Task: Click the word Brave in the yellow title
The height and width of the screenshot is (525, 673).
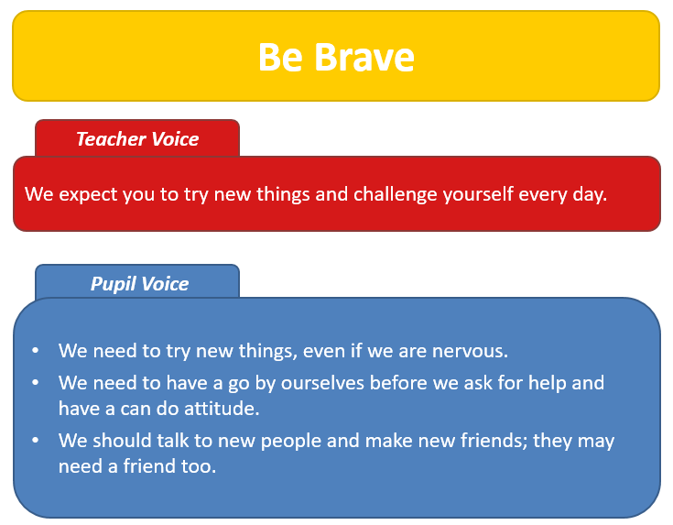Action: pos(364,57)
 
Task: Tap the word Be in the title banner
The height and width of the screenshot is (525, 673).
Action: pos(280,57)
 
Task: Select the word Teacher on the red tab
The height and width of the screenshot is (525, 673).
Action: pos(111,139)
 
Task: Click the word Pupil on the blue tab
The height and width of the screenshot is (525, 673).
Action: pos(113,284)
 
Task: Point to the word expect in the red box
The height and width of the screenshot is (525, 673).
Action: pos(88,194)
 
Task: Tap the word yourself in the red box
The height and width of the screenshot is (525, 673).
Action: pos(478,194)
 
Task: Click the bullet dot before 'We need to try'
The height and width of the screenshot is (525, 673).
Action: pos(35,351)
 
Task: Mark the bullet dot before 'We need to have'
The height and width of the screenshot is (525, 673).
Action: pos(35,382)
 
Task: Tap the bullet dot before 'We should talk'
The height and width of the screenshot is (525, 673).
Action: pos(35,440)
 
